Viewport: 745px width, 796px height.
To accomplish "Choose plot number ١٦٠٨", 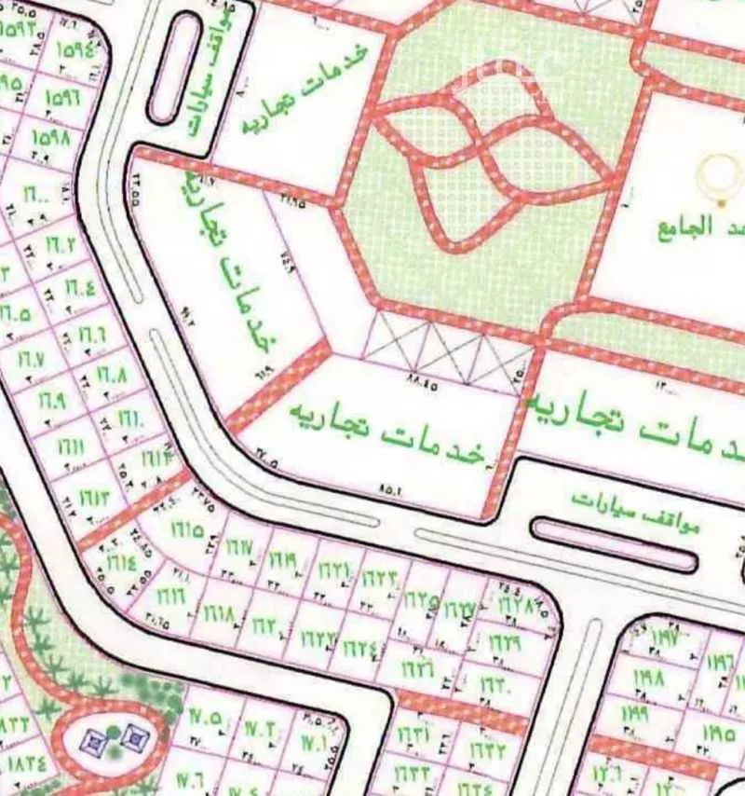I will (x=110, y=377).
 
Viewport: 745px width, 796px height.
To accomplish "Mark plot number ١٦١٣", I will (x=95, y=496).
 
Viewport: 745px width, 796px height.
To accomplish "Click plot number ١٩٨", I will (x=650, y=675).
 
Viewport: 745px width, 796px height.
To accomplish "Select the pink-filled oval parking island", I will (x=615, y=543).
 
